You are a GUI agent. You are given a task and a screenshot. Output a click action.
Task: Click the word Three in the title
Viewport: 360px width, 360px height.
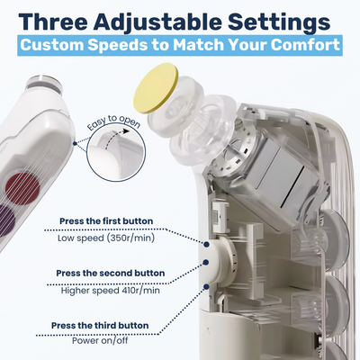(x=60, y=18)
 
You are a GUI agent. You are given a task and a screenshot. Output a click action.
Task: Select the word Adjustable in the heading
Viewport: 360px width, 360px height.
(x=172, y=18)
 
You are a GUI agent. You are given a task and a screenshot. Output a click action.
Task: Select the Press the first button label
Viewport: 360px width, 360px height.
(x=105, y=220)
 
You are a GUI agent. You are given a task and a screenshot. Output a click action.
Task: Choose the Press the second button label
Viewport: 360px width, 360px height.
(x=110, y=272)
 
